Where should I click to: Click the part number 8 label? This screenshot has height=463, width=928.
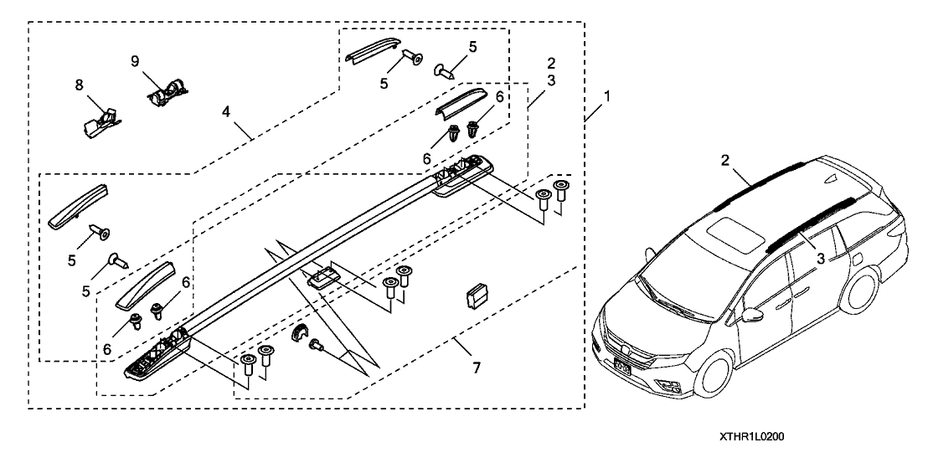80,85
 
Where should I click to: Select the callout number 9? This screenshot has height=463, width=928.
133,60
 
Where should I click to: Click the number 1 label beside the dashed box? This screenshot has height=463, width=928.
606,97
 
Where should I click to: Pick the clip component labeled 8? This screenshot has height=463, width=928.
102,121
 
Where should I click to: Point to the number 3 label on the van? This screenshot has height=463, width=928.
820,259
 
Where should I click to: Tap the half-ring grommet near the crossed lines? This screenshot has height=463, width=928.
297,335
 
